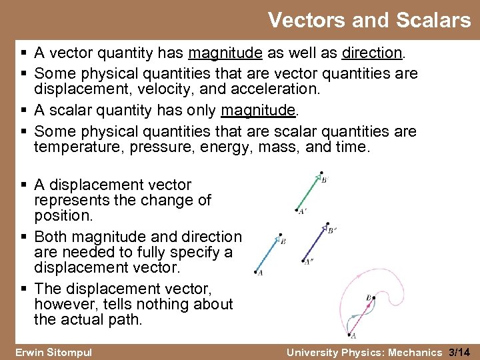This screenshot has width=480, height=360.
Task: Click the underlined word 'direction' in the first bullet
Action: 372,53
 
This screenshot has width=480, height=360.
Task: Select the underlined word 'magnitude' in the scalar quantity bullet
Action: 258,109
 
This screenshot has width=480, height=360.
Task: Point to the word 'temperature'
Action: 73,147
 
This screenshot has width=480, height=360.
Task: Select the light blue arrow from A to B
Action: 268,253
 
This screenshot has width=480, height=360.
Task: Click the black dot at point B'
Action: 321,173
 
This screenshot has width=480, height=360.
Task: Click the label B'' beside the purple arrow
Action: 331,231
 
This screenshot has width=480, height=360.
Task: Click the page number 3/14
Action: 460,351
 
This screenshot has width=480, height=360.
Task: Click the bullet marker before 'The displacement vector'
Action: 25,289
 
